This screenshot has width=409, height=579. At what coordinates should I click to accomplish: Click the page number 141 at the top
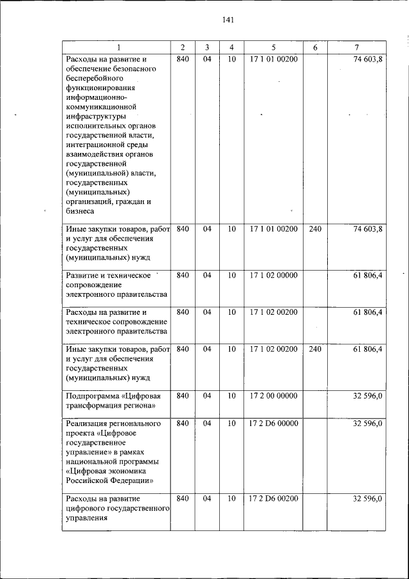tap(229, 20)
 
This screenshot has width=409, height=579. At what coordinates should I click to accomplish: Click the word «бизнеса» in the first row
tap(80, 210)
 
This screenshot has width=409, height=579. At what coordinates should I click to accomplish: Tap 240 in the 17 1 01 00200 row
tap(315, 228)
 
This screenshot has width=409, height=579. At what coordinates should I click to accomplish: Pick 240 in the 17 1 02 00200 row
tap(315, 349)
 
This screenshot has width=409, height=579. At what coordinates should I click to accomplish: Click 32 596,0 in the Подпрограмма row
tap(367, 396)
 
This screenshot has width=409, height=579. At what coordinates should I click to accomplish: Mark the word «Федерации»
tap(130, 480)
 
